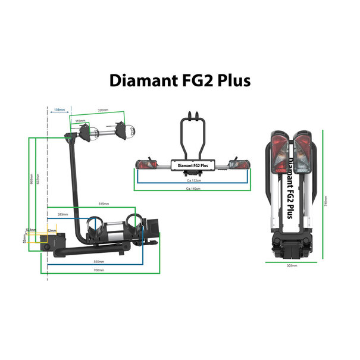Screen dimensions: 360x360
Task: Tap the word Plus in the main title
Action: pos(231,80)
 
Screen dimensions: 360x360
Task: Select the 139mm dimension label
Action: pos(59,111)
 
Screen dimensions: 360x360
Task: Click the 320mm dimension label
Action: pos(103,111)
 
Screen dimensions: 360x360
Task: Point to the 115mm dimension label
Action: pos(80,121)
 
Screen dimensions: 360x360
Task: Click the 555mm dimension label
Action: pos(99,262)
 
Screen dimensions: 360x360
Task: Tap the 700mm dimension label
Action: pos(99,270)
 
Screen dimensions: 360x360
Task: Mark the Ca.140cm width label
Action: pos(192,189)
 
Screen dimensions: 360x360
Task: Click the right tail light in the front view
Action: pos(239,164)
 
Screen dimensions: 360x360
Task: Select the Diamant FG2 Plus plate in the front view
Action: pos(192,166)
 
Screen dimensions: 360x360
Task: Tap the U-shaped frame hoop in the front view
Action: pos(192,134)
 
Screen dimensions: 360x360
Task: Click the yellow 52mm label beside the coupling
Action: pos(52,231)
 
